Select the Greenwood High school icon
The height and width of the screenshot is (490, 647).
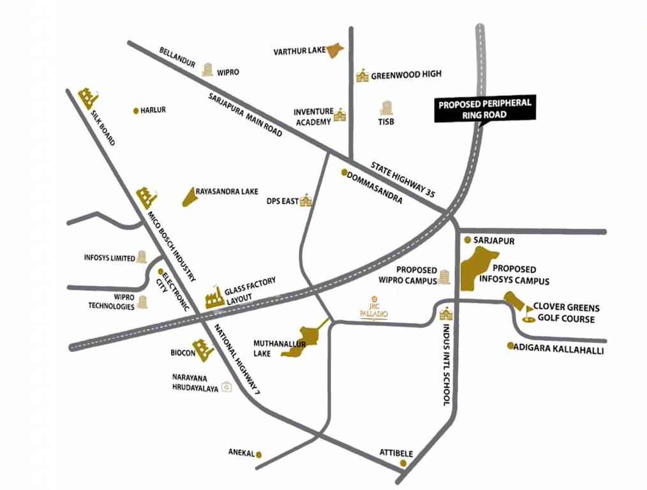click(x=362, y=75)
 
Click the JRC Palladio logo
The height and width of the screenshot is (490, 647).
click(x=375, y=309)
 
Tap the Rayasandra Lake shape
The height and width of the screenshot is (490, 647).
click(x=188, y=197)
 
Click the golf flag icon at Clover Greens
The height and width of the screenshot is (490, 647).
click(x=529, y=312)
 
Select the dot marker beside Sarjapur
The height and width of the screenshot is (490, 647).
click(x=468, y=241)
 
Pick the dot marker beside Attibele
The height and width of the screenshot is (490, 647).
click(x=403, y=463)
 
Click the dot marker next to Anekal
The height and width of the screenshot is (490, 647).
click(x=259, y=454)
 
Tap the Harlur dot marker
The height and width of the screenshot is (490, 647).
click(x=135, y=110)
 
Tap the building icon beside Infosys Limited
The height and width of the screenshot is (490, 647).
click(x=141, y=257)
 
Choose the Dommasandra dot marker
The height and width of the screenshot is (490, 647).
click(x=344, y=172)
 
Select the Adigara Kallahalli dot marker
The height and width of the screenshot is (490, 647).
click(x=510, y=346)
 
